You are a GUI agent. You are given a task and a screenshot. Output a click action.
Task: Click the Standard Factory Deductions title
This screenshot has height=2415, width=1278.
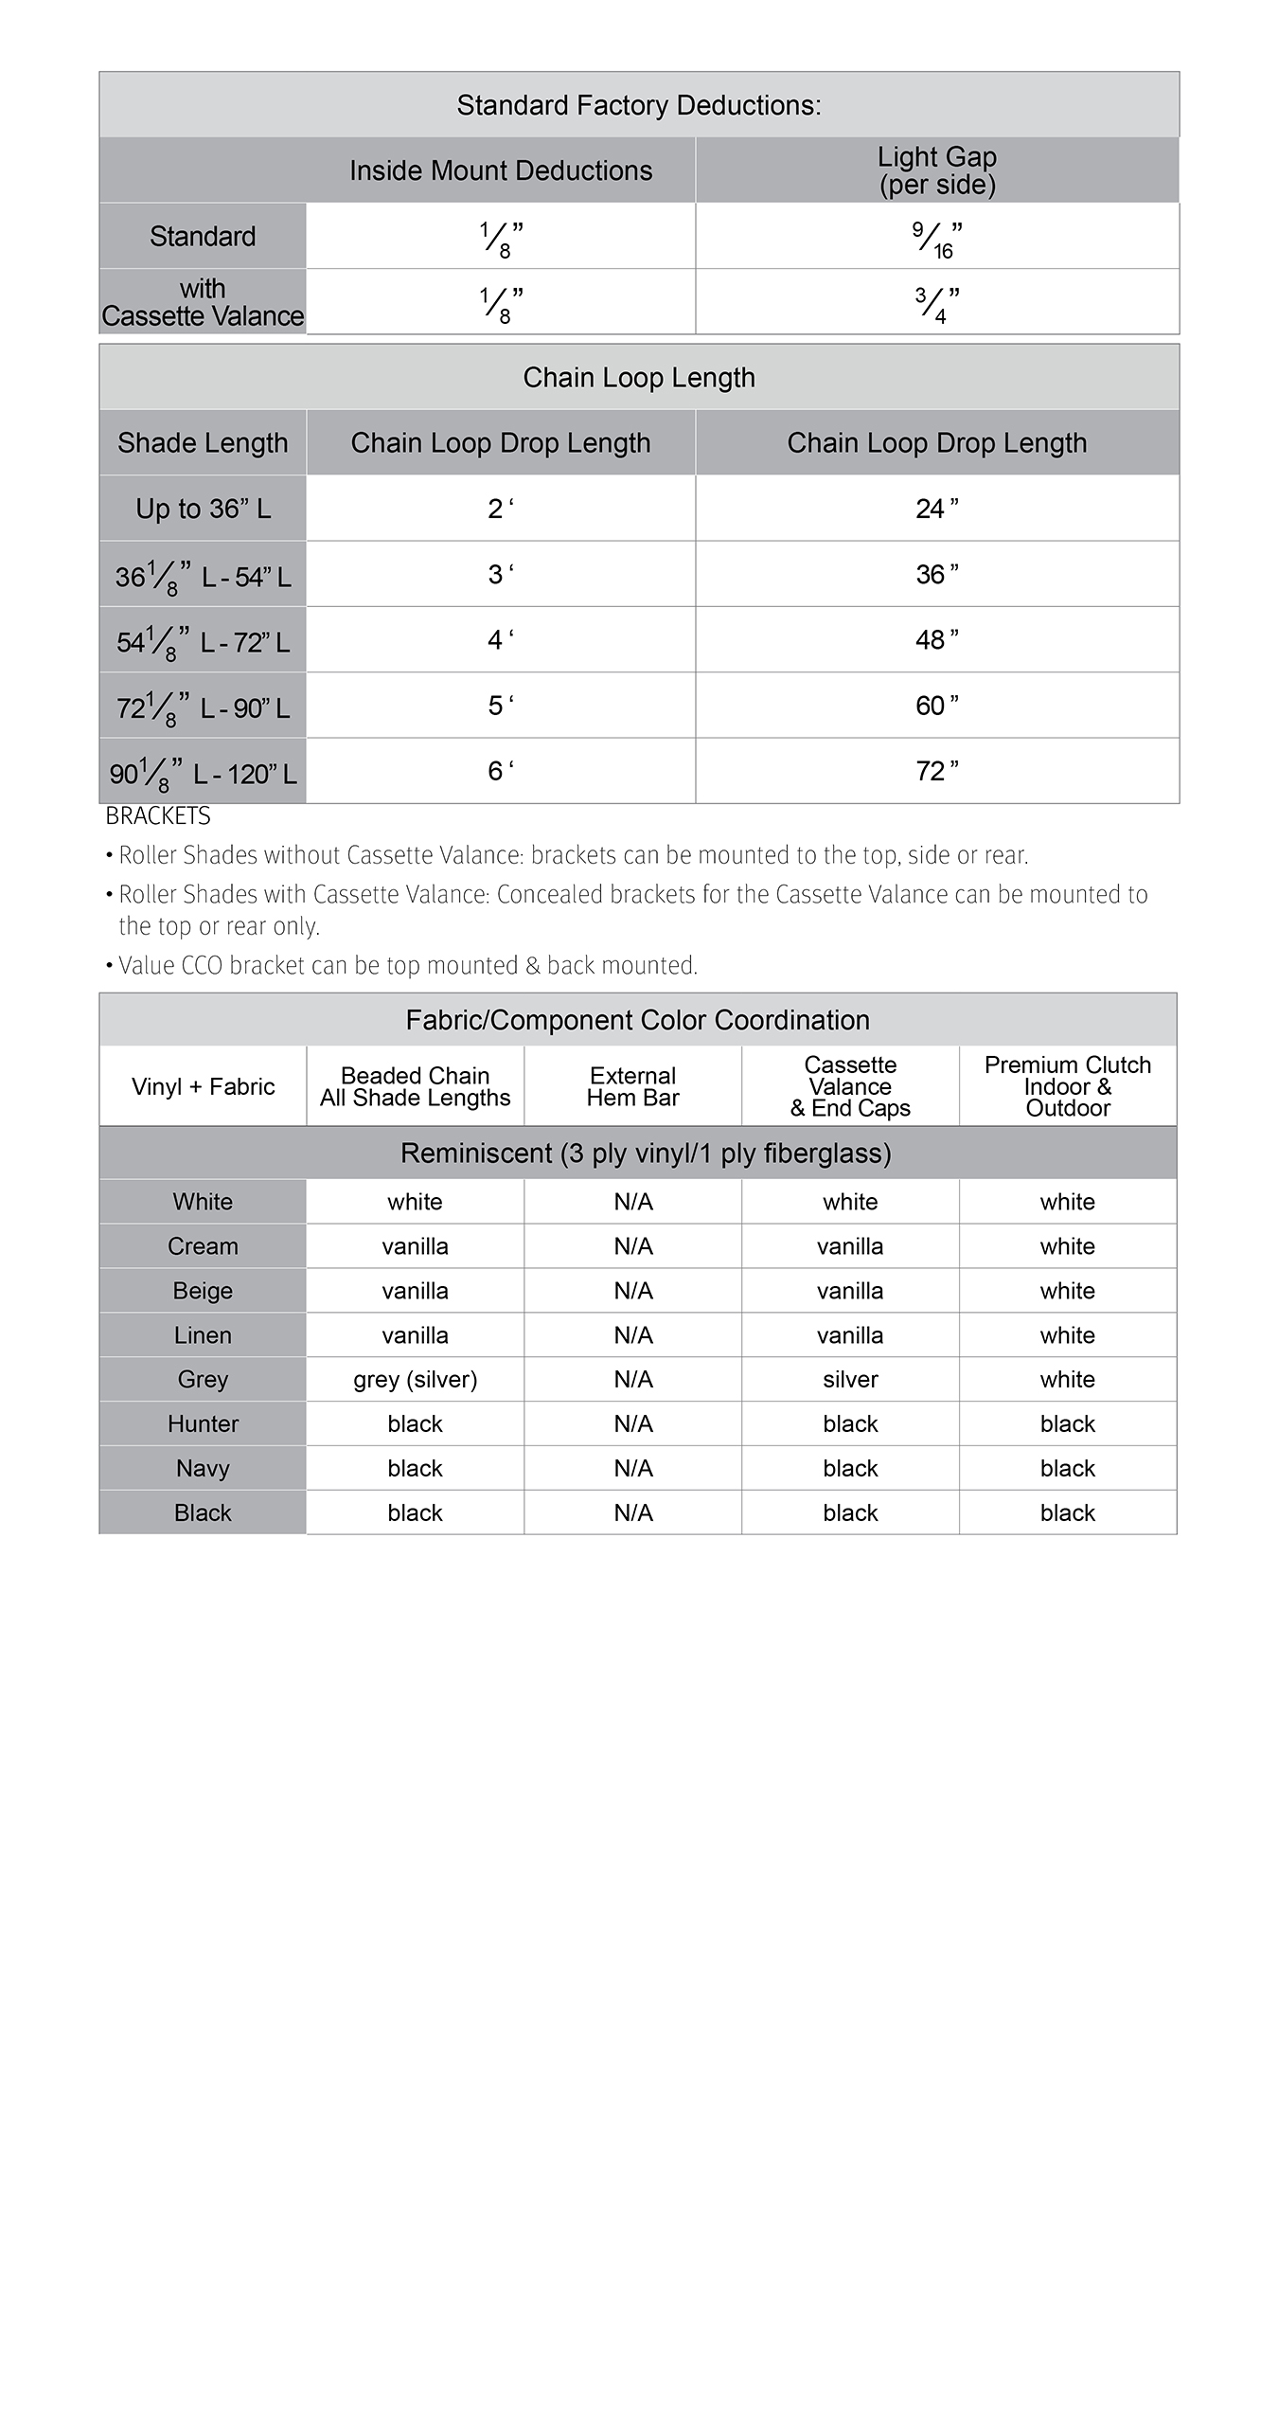pos(639,105)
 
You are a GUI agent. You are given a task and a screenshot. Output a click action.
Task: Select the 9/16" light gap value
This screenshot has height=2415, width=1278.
pos(936,237)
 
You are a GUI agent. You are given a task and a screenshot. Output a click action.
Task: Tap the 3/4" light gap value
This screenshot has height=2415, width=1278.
pos(936,303)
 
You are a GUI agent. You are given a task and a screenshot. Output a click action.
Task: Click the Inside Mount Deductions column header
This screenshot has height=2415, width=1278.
pos(501,170)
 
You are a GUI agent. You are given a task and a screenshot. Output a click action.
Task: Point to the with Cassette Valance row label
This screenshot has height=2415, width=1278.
pos(203,302)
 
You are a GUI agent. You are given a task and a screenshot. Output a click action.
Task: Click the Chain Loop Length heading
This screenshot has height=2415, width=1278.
pos(639,378)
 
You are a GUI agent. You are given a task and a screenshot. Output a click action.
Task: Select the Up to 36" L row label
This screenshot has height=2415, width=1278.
pos(203,509)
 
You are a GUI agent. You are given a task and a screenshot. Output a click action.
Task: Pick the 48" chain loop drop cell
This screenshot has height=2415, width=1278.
pos(936,640)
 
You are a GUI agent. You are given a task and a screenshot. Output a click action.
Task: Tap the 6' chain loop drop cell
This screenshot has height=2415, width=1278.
pos(501,771)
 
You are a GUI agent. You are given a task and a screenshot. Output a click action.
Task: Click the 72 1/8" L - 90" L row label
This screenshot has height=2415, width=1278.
pos(203,707)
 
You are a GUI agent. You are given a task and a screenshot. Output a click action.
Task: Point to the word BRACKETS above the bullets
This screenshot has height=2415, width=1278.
pos(158,816)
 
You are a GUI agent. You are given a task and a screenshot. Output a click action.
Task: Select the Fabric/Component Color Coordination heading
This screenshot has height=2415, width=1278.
pos(637,1020)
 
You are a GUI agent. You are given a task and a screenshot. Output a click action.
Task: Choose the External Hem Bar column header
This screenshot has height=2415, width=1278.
pos(632,1086)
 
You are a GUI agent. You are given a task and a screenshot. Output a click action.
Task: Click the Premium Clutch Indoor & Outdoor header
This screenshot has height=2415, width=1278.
pos(1067,1086)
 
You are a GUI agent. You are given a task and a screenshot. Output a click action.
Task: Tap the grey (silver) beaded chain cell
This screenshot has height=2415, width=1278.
pos(415,1380)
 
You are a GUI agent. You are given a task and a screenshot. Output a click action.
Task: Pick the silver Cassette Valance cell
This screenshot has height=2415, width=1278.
pos(850,1380)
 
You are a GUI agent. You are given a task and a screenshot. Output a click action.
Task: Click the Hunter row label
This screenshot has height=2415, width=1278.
pos(203,1424)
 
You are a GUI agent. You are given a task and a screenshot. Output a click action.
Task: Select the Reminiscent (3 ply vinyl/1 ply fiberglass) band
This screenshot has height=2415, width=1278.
pos(646,1154)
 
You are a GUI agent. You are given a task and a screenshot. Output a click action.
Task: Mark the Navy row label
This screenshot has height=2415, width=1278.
pos(203,1469)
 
